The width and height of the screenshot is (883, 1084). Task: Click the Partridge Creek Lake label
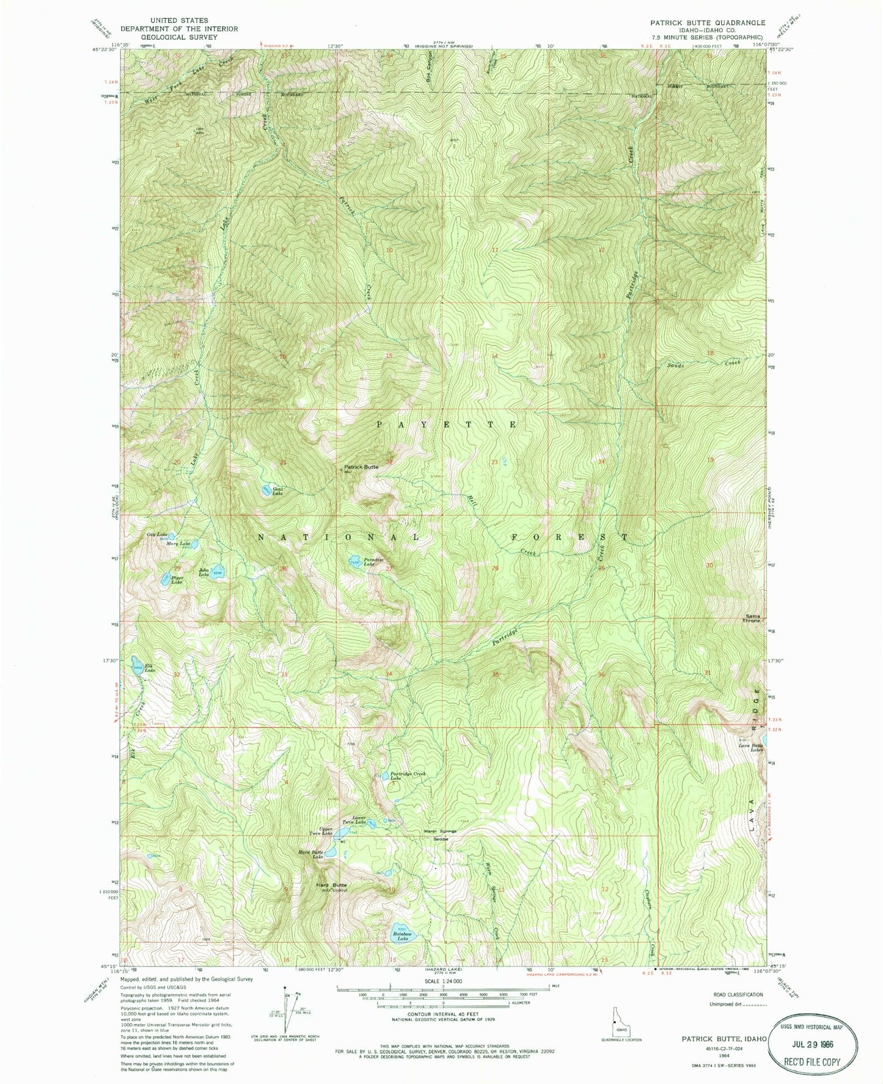pyautogui.click(x=407, y=775)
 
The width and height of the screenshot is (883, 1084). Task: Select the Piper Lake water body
pyautogui.click(x=165, y=578)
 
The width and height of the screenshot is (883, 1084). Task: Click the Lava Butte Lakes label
pyautogui.click(x=751, y=747)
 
